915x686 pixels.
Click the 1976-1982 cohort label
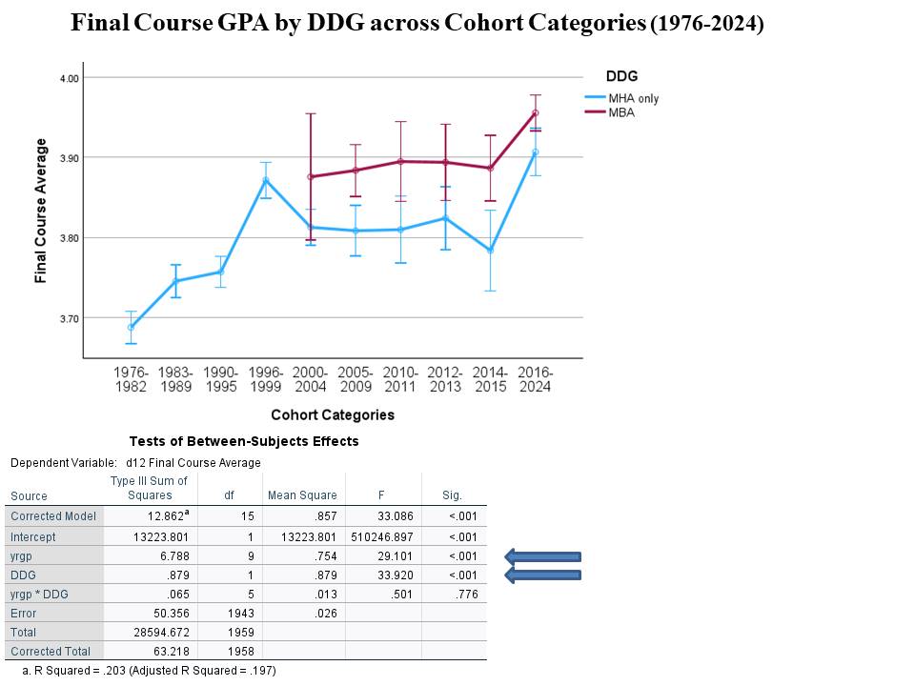[x=132, y=379]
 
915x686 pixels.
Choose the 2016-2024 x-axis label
[x=535, y=379]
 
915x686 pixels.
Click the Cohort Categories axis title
[x=333, y=414]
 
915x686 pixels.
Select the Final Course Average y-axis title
[x=41, y=211]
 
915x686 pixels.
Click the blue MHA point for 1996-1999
[x=266, y=180]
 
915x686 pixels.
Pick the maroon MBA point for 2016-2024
[x=535, y=112]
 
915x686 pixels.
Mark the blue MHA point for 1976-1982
[x=132, y=327]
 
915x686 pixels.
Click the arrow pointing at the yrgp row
[x=542, y=557]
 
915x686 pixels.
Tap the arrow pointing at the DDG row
[x=542, y=575]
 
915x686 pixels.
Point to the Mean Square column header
[x=303, y=495]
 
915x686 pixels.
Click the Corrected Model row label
[x=53, y=516]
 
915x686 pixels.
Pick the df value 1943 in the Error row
[x=229, y=614]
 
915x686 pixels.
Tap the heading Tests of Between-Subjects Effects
[x=244, y=441]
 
